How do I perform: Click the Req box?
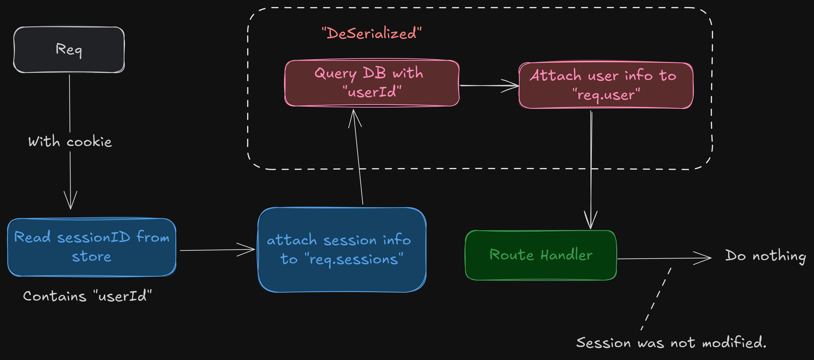click(69, 50)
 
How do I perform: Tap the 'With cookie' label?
click(70, 142)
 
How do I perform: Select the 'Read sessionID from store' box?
click(92, 247)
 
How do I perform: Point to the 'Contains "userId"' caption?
click(87, 296)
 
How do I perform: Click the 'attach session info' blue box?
click(342, 250)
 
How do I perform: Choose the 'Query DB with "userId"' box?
click(372, 83)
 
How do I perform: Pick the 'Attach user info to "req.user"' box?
click(606, 85)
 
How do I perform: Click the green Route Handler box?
click(541, 255)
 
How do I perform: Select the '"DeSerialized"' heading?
click(372, 33)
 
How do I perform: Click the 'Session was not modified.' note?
click(671, 343)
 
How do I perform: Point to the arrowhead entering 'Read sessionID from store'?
click(71, 202)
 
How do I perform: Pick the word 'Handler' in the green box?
click(566, 255)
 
